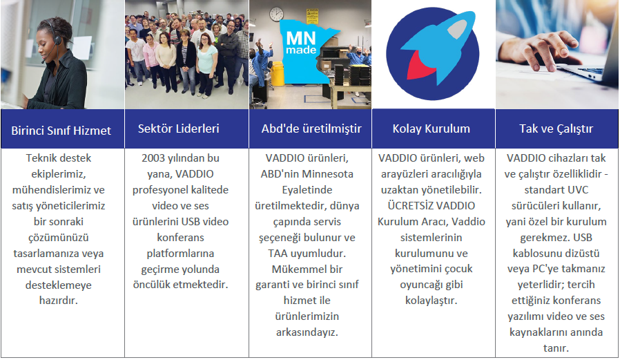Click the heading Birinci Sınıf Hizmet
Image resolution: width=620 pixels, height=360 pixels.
click(61, 131)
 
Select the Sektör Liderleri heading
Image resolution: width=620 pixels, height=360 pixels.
click(178, 129)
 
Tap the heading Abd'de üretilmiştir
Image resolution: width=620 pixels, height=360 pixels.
click(311, 129)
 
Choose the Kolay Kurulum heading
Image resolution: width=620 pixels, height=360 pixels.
click(431, 129)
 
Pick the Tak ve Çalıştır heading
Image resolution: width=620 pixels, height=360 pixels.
click(556, 129)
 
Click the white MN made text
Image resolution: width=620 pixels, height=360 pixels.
click(301, 42)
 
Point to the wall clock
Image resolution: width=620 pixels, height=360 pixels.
click(276, 14)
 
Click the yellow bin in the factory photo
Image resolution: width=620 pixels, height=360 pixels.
click(278, 74)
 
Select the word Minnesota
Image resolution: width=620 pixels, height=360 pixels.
click(327, 174)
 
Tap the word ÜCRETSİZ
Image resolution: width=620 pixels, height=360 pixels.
click(409, 205)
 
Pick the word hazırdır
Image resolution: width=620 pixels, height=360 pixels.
click(59, 301)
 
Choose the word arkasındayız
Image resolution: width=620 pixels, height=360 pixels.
click(307, 332)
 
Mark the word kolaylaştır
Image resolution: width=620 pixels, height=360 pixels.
click(431, 301)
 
